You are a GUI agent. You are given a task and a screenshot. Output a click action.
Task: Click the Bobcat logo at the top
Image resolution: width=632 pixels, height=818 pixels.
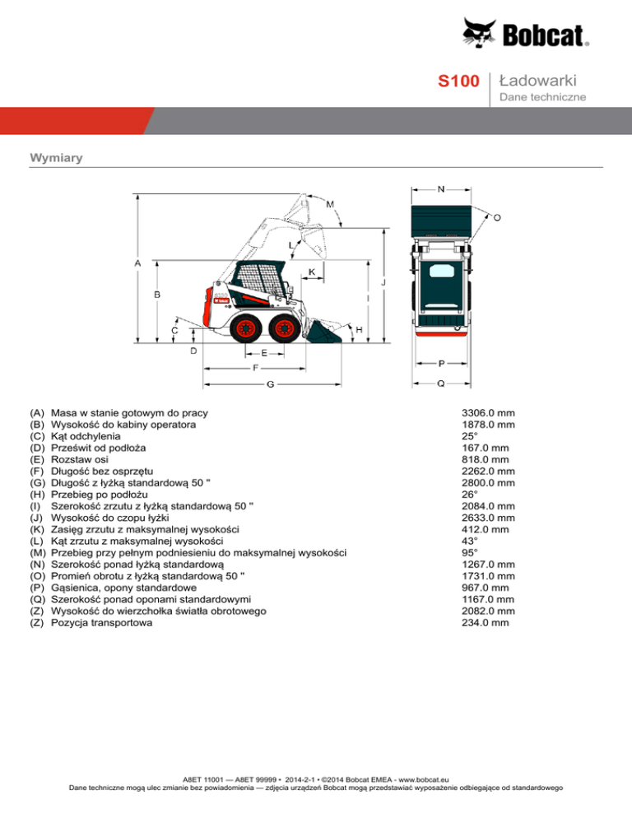[525, 34]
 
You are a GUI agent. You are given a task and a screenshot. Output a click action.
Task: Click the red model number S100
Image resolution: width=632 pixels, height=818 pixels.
[458, 81]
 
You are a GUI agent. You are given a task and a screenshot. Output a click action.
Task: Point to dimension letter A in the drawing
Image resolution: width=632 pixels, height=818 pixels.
[137, 263]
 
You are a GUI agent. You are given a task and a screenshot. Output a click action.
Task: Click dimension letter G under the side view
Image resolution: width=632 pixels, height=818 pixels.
[270, 384]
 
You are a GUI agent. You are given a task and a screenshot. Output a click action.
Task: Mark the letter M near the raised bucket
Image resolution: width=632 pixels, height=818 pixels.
[330, 203]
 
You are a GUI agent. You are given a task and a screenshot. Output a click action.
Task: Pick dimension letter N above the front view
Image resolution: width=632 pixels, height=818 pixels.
[442, 188]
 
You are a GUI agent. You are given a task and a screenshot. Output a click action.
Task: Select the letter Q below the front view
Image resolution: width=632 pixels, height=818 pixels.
[442, 383]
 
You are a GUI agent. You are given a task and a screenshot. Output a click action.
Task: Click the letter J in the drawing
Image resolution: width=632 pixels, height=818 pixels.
[383, 282]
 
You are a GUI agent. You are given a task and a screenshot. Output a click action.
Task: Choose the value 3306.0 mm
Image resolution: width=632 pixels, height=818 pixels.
[489, 412]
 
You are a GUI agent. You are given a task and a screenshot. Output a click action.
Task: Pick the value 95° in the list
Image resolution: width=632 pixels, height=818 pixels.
[470, 553]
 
